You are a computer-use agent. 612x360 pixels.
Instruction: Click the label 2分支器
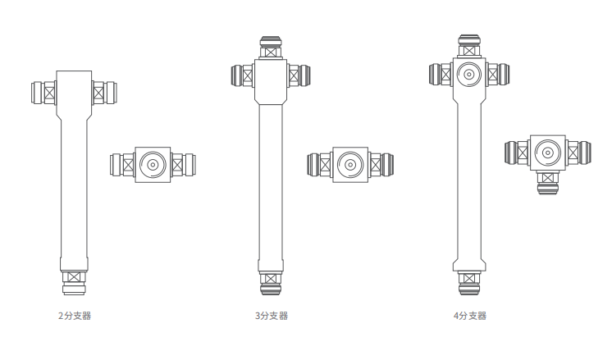click(x=75, y=316)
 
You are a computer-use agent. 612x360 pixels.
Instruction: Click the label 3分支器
click(x=272, y=316)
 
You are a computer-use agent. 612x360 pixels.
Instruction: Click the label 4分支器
click(x=470, y=316)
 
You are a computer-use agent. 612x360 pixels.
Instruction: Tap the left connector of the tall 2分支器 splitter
click(x=43, y=93)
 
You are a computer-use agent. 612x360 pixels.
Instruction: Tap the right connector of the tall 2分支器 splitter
click(x=104, y=93)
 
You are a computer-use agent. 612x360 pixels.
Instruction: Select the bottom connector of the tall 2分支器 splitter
click(x=74, y=282)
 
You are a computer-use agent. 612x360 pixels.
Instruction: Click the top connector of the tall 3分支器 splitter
click(x=271, y=48)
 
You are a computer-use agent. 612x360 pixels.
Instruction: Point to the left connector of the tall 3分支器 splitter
click(x=243, y=75)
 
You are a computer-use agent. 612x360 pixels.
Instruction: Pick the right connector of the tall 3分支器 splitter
click(x=299, y=75)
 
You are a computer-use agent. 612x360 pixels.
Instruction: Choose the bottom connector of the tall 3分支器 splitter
click(x=271, y=283)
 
